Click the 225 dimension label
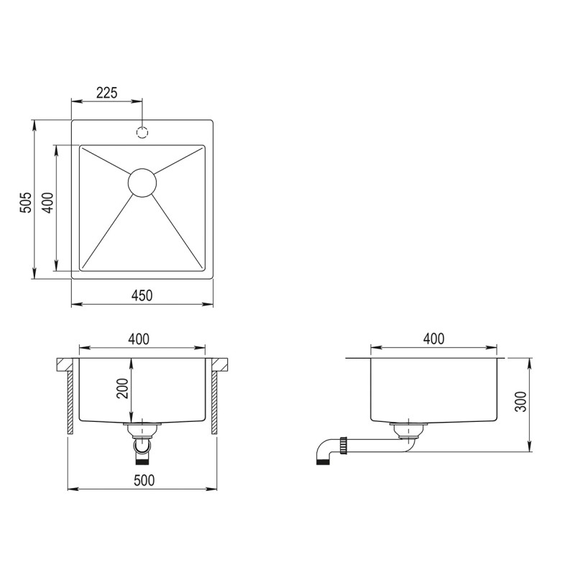tap(106, 93)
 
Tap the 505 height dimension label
tap(26, 202)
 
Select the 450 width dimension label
tap(142, 295)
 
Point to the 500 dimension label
tap(144, 480)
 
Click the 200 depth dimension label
tap(122, 388)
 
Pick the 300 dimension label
tap(520, 402)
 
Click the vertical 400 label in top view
tap(48, 203)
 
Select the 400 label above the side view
tap(434, 339)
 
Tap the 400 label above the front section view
tap(139, 339)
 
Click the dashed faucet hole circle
tap(142, 132)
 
